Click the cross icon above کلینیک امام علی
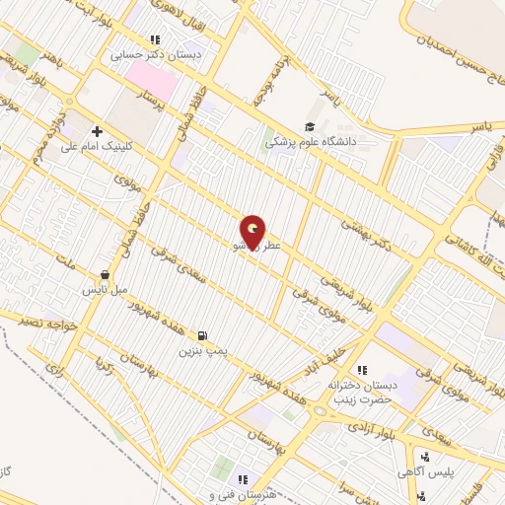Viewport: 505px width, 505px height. (x=97, y=130)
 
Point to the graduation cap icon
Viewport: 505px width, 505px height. (x=311, y=125)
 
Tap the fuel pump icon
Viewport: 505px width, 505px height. (x=203, y=335)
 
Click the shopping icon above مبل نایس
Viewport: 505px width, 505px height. (x=106, y=275)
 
